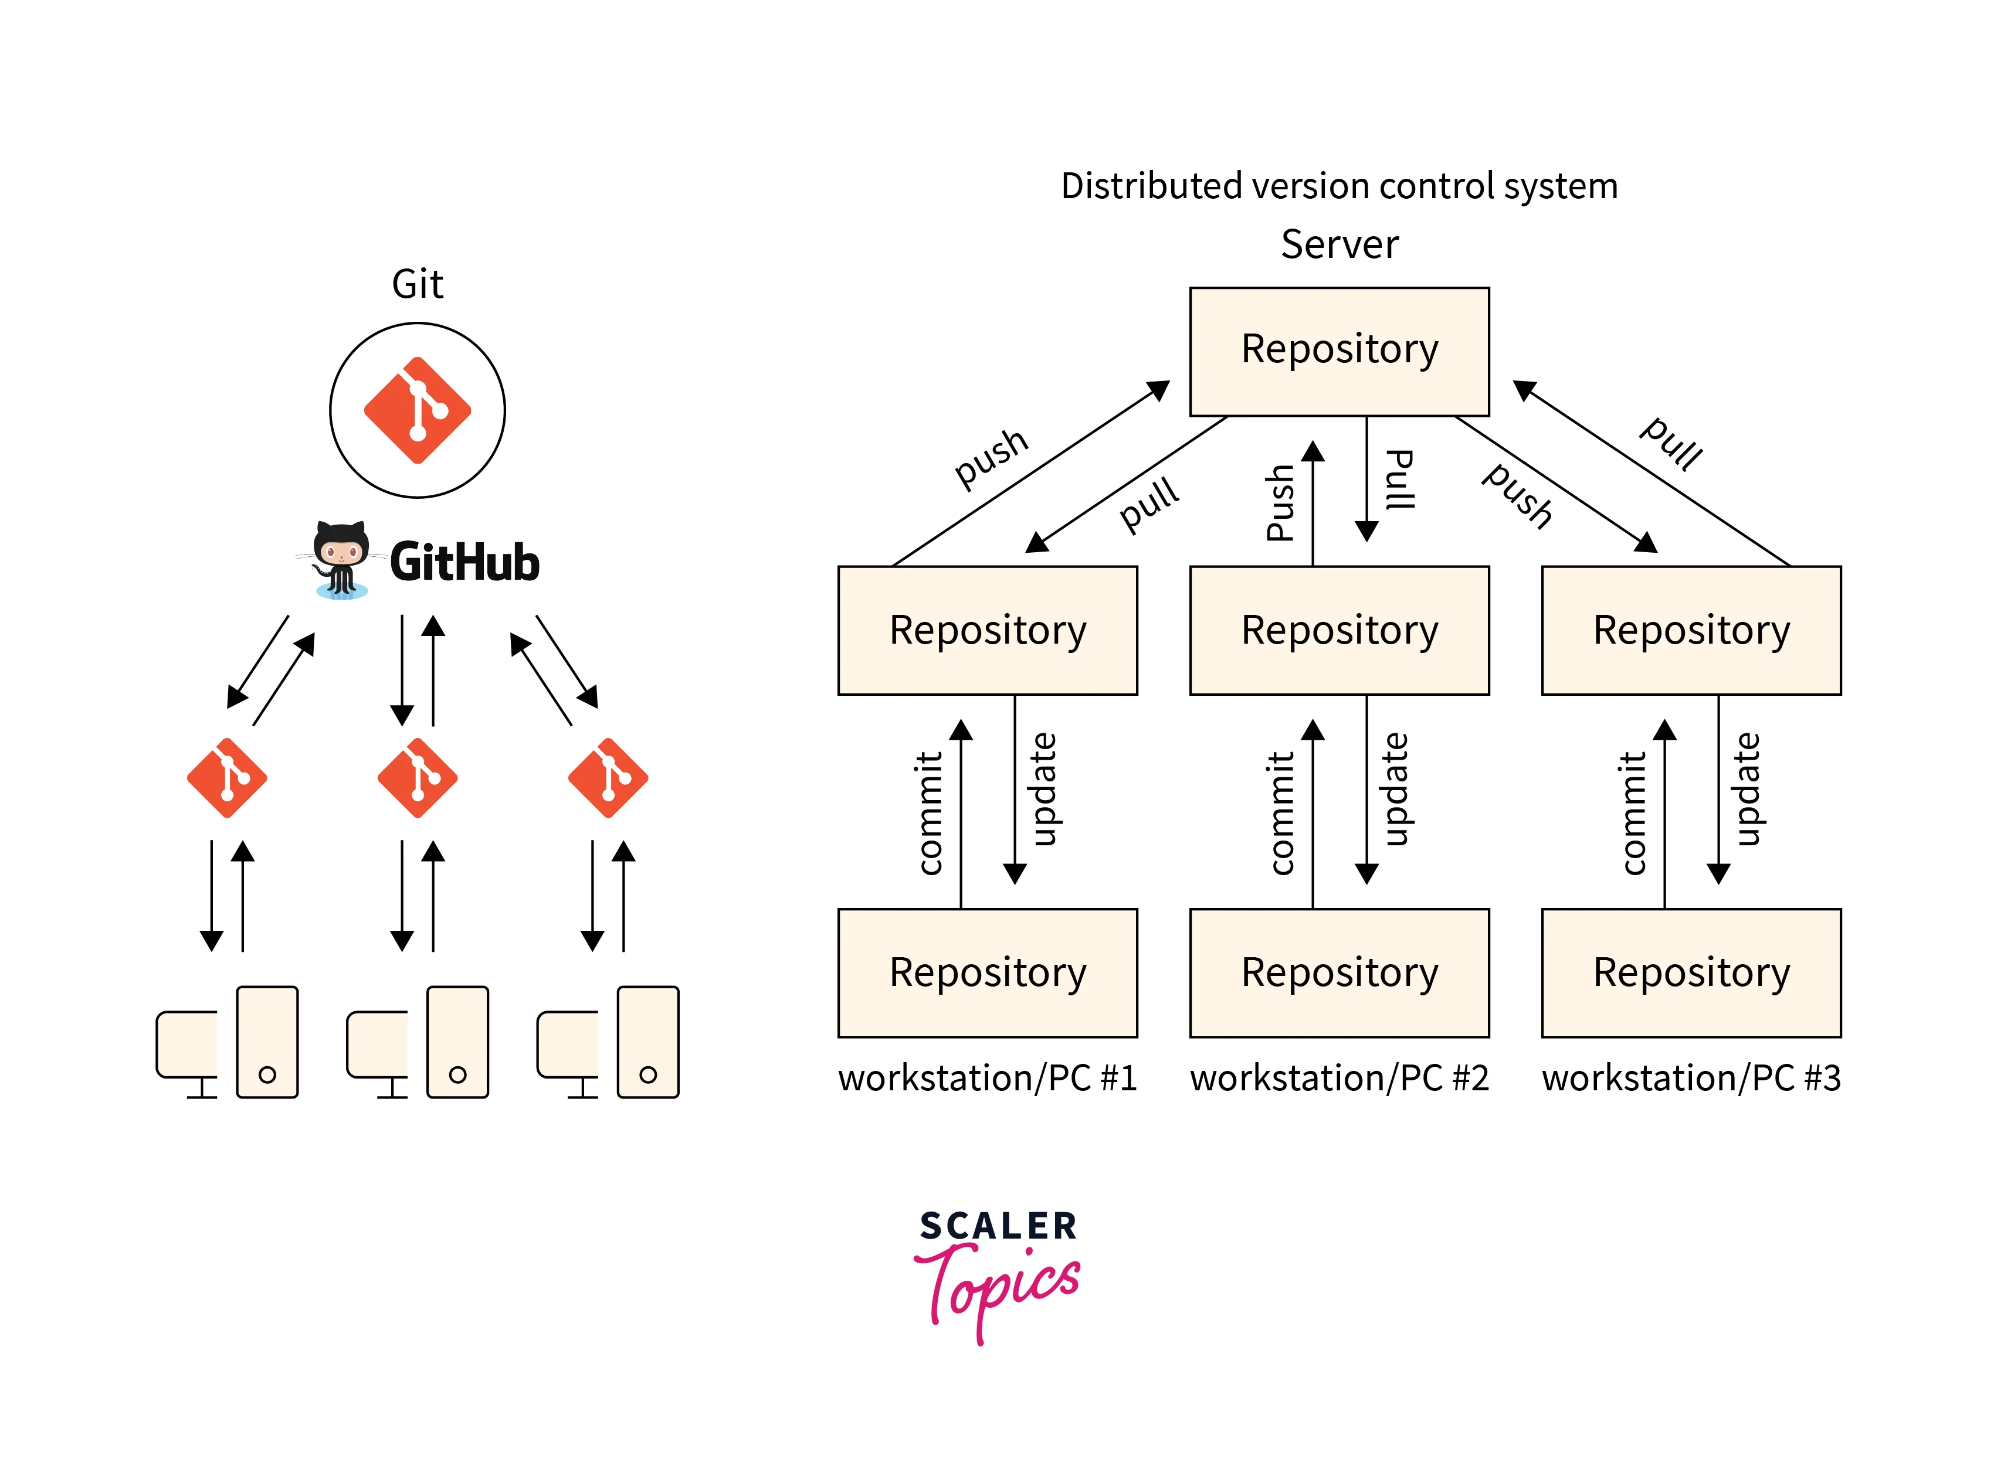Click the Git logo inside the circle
coord(417,410)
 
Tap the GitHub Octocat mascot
coord(340,560)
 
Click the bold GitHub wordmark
coord(464,563)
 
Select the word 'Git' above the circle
coord(417,284)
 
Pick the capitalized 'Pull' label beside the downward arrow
coord(1399,479)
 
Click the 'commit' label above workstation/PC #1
coord(930,812)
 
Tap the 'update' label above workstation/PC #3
coord(1747,788)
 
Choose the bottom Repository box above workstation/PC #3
coord(1690,972)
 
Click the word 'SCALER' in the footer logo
coord(998,1226)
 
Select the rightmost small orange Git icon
coord(608,777)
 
